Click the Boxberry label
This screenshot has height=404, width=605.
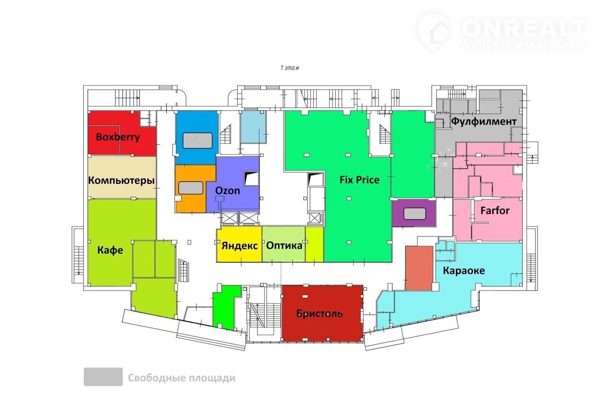pyautogui.click(x=118, y=137)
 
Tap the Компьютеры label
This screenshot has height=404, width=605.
pyautogui.click(x=121, y=180)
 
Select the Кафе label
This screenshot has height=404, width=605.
pyautogui.click(x=110, y=250)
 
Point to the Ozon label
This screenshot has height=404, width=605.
pyautogui.click(x=227, y=190)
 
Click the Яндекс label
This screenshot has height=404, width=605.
pyautogui.click(x=240, y=246)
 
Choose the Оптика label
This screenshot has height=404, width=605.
pyautogui.click(x=284, y=246)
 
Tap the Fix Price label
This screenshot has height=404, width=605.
pyautogui.click(x=360, y=180)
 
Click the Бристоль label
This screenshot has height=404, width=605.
pyautogui.click(x=320, y=314)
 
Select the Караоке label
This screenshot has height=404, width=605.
pyautogui.click(x=464, y=271)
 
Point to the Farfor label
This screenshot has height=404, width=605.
pyautogui.click(x=495, y=211)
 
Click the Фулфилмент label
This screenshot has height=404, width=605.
pyautogui.click(x=484, y=121)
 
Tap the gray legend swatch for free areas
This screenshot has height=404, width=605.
pyautogui.click(x=103, y=377)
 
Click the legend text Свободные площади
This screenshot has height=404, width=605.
pyautogui.click(x=181, y=378)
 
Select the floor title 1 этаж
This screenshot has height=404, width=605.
pyautogui.click(x=290, y=68)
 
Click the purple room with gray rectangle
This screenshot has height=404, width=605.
pyautogui.click(x=414, y=214)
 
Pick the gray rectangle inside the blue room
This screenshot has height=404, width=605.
pyautogui.click(x=198, y=140)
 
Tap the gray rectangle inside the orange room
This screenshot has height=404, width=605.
pyautogui.click(x=190, y=188)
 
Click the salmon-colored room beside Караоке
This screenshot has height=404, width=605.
pyautogui.click(x=419, y=268)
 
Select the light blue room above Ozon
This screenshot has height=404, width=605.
pyautogui.click(x=253, y=127)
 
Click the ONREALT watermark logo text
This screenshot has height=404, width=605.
pyautogui.click(x=523, y=28)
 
